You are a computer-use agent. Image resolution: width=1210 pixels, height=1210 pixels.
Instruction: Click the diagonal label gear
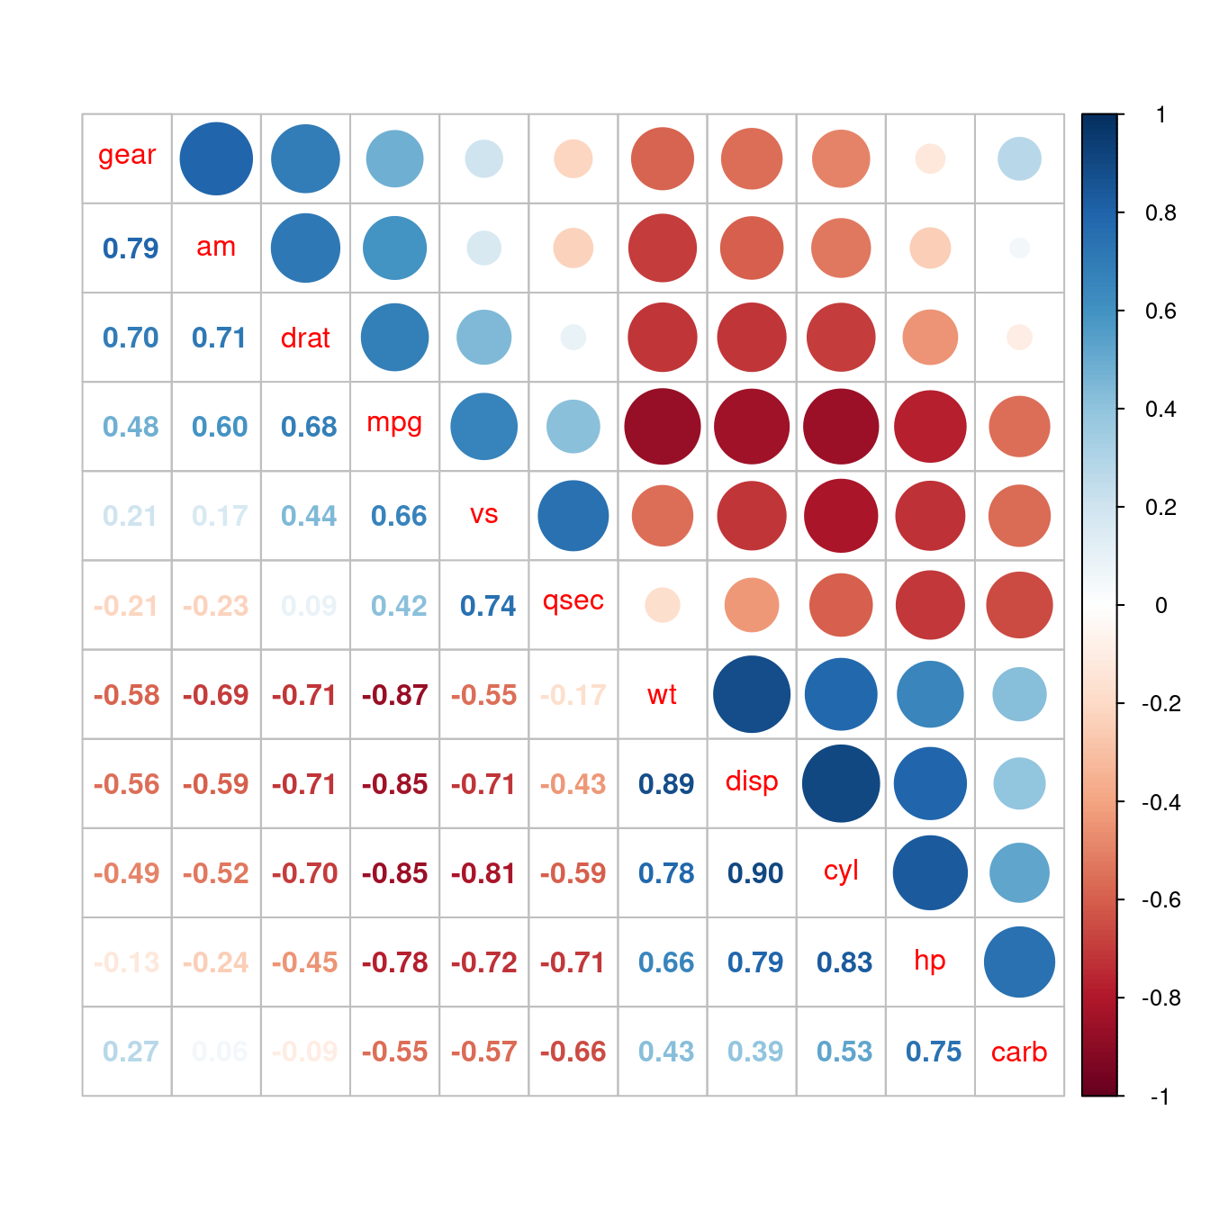click(x=127, y=155)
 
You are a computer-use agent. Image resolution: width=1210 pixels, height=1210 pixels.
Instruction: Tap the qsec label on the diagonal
click(x=573, y=600)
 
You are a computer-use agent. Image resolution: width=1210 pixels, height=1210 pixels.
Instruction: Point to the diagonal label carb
click(x=1019, y=1052)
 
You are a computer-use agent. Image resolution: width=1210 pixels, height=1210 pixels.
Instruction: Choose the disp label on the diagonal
click(x=752, y=781)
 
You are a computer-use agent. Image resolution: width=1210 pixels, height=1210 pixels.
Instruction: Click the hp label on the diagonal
click(x=930, y=960)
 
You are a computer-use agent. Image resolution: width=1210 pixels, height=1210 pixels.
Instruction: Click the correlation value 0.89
click(x=666, y=784)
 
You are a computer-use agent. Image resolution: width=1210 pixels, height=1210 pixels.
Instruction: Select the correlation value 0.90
click(x=755, y=873)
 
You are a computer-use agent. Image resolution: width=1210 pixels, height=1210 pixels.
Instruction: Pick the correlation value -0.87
click(x=394, y=695)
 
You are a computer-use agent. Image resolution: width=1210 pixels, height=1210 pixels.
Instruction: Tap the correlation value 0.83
click(x=844, y=962)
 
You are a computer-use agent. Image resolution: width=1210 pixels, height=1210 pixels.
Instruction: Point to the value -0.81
click(x=483, y=873)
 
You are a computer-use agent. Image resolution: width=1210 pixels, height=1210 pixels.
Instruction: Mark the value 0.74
click(x=488, y=606)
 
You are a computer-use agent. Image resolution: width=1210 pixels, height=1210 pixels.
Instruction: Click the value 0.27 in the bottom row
click(x=131, y=1052)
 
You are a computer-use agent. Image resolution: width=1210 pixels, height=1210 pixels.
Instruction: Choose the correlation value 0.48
click(x=131, y=427)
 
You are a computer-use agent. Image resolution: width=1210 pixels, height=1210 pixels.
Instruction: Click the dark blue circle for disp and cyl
click(x=841, y=783)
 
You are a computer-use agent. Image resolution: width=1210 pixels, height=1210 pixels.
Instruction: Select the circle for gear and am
click(x=216, y=158)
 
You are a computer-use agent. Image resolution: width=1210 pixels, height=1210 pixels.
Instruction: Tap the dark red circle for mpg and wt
click(x=663, y=427)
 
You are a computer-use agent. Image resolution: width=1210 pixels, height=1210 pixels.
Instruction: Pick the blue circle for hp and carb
click(x=1019, y=962)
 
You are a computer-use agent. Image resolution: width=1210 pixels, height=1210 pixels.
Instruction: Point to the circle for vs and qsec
click(x=573, y=516)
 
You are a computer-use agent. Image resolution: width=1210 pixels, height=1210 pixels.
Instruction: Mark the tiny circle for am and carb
click(x=1019, y=248)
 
